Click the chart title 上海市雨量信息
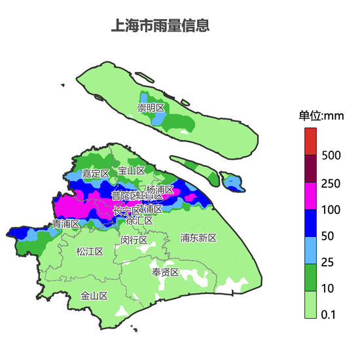pos(161,26)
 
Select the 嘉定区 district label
pos(96,173)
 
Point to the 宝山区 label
pos(131,171)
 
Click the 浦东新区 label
pos(198,238)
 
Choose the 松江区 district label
pos(89,251)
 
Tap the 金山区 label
pos(94,296)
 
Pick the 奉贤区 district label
pos(165,272)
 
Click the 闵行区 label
pos(134,240)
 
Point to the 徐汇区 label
pos(139,221)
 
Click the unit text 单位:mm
pos(321,116)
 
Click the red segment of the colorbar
pos(310,141)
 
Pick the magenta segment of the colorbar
pos(310,196)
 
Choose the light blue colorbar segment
pos(310,250)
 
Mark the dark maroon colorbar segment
pos(310,168)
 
